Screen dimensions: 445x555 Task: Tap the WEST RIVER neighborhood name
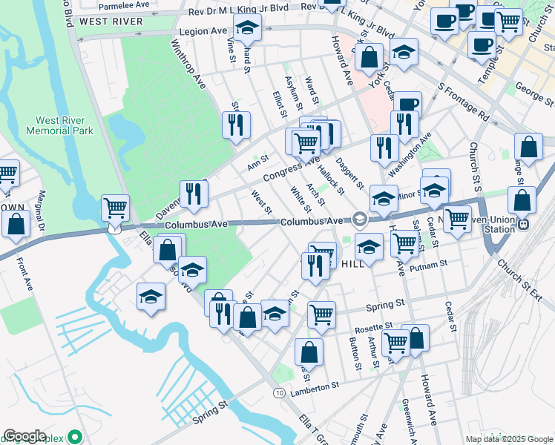tap(111, 22)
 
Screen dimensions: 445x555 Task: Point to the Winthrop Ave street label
tap(188, 65)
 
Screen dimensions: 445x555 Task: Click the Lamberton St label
tap(315, 386)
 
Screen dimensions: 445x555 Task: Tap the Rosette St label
tap(373, 326)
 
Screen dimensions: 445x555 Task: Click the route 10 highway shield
tap(278, 392)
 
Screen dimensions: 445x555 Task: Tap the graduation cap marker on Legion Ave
tap(246, 30)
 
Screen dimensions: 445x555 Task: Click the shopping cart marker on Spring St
tap(321, 314)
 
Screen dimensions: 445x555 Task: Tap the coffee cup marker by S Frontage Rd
tap(407, 105)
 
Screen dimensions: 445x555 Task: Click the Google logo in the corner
tap(24, 436)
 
